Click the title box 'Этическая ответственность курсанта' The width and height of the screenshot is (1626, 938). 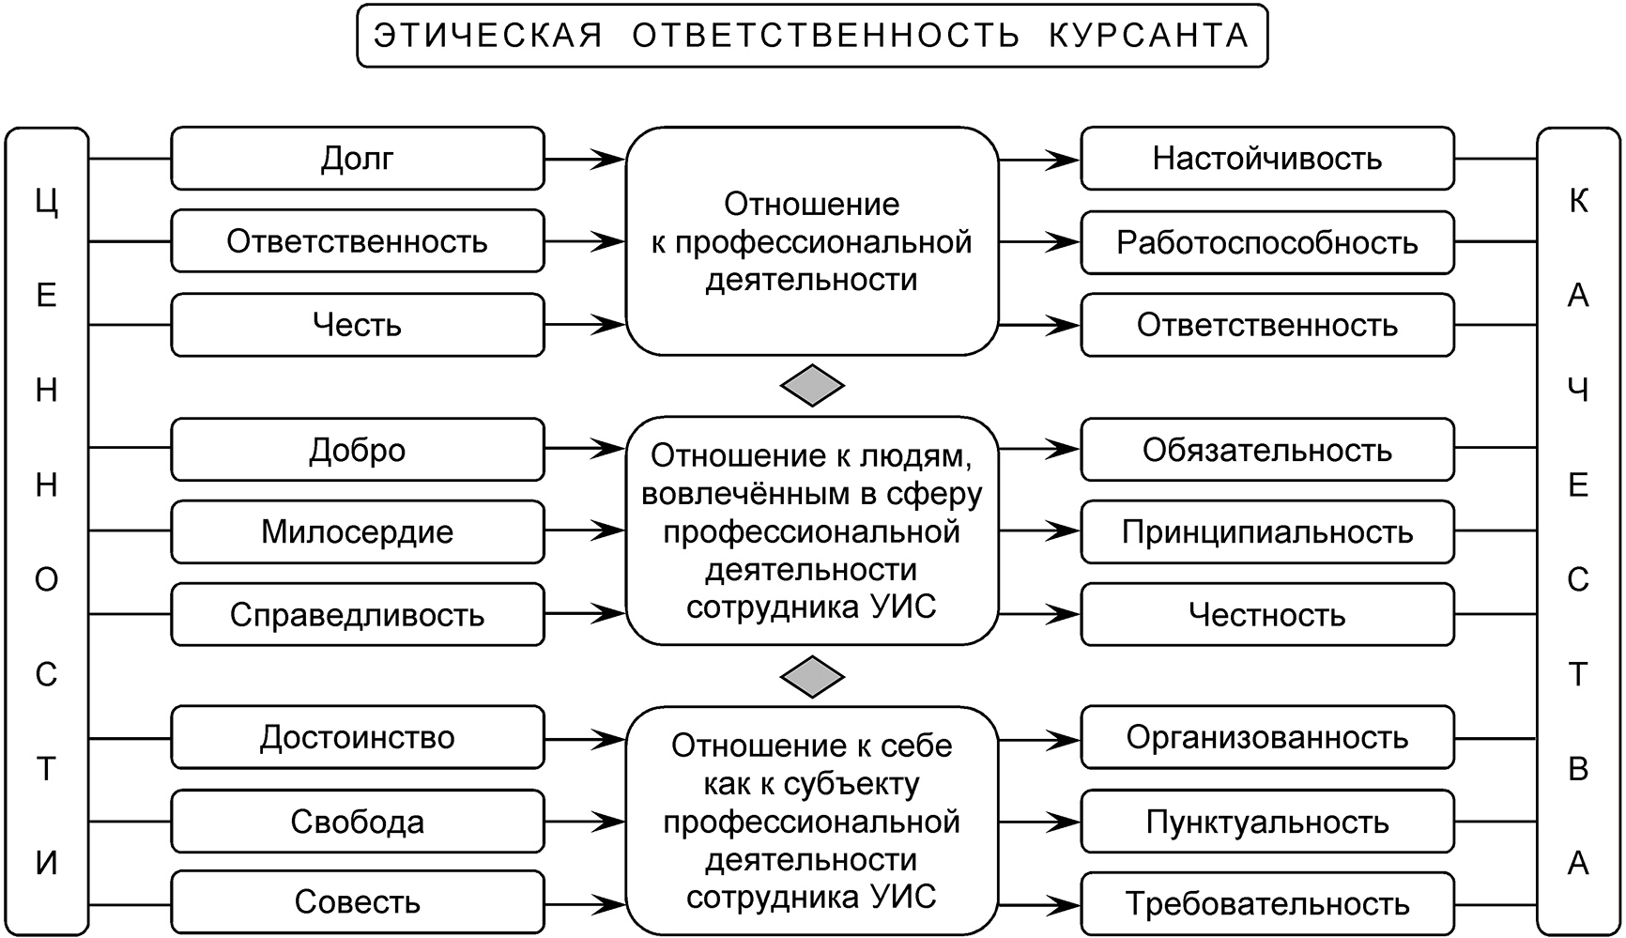click(x=812, y=36)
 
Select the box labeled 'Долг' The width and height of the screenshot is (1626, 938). click(x=357, y=159)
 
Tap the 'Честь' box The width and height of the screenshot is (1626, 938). click(x=357, y=325)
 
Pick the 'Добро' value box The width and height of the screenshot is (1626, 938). click(x=357, y=450)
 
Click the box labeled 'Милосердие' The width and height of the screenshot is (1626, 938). click(x=357, y=531)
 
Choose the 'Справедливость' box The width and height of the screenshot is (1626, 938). click(x=357, y=615)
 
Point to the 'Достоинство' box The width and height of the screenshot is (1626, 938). click(x=357, y=737)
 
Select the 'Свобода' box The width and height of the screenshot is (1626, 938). click(x=357, y=822)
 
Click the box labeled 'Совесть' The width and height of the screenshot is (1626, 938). click(x=357, y=902)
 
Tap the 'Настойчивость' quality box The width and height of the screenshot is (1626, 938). click(x=1266, y=159)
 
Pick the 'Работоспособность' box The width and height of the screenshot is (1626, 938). click(x=1266, y=242)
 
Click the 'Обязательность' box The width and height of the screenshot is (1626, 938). click(x=1266, y=450)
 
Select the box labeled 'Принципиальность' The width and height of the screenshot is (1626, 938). click(x=1266, y=531)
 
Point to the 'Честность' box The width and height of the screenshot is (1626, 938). click(x=1266, y=615)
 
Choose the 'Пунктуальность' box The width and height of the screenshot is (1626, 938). click(x=1266, y=822)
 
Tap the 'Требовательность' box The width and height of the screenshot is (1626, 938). click(x=1266, y=904)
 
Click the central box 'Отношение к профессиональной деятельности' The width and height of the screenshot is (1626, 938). click(x=812, y=241)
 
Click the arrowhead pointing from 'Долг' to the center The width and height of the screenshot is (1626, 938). click(x=610, y=159)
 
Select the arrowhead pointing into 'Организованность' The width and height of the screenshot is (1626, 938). click(x=1066, y=740)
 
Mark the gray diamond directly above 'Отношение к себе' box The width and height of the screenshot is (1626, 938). click(x=812, y=676)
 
